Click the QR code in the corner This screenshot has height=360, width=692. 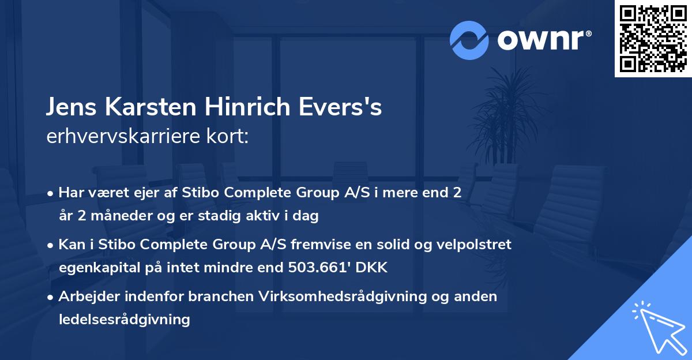pyautogui.click(x=652, y=39)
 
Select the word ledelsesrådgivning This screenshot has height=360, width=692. pyautogui.click(x=124, y=319)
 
